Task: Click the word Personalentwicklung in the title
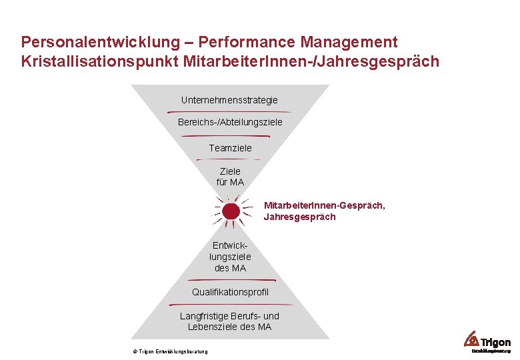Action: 99,42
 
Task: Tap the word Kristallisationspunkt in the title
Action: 99,62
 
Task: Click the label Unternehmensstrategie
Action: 229,100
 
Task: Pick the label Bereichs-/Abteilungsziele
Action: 230,123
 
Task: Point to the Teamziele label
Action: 230,148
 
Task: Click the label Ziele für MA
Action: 230,177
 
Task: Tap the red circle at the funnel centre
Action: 231,211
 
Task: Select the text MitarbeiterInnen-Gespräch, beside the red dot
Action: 324,205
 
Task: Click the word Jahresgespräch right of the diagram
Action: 299,217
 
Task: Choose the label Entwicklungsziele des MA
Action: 230,257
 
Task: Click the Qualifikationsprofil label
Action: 230,292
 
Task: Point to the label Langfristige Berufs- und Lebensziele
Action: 230,321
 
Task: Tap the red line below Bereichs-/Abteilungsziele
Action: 230,135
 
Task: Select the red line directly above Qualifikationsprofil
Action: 231,281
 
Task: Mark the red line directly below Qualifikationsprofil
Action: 230,304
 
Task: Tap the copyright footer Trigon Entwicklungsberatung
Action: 170,351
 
